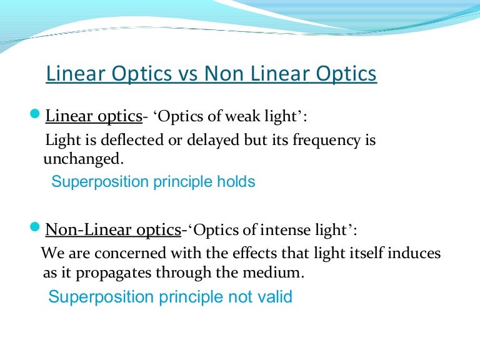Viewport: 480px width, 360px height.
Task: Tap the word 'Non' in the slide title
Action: point(222,74)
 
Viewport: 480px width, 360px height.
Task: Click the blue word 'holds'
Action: point(236,182)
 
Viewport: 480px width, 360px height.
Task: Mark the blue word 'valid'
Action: point(274,296)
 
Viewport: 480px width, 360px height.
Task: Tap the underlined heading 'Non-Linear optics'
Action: point(113,229)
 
